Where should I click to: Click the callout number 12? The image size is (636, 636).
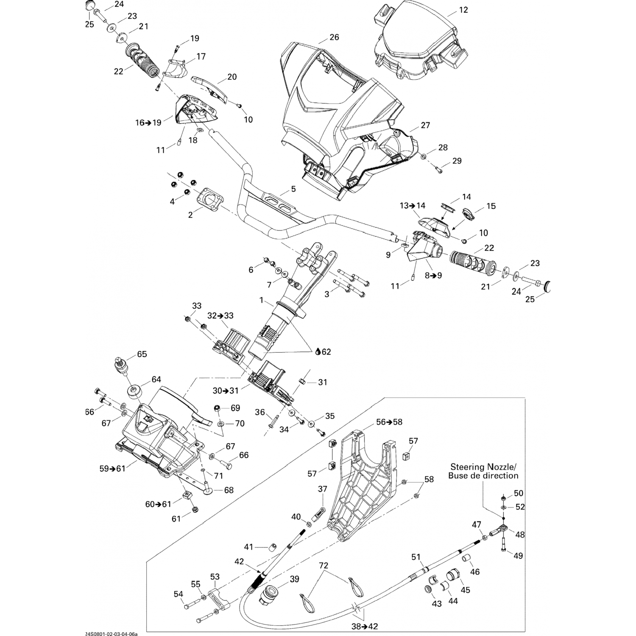(x=463, y=10)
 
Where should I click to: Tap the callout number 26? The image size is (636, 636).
(x=334, y=37)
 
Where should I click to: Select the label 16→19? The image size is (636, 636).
(x=148, y=123)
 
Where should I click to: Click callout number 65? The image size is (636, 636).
(x=142, y=354)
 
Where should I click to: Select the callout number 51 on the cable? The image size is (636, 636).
(x=416, y=556)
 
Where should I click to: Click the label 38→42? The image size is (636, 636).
(x=365, y=625)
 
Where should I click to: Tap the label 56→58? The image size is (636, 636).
(x=389, y=422)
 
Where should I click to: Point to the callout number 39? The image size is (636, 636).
(x=294, y=579)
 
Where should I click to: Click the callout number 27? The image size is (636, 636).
(x=425, y=125)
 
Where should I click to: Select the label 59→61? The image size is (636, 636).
(x=112, y=469)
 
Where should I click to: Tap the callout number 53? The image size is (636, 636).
(x=215, y=577)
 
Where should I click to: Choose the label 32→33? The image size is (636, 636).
(x=220, y=316)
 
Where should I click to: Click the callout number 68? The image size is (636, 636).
(x=229, y=491)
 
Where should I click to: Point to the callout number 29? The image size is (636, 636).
(x=457, y=161)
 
